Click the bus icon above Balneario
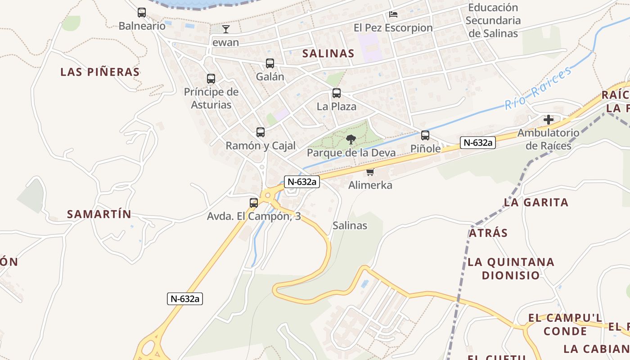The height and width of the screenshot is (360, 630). tap(142, 13)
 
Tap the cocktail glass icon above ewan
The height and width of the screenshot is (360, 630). tap(226, 29)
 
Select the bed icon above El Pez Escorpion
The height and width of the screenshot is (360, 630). tap(393, 14)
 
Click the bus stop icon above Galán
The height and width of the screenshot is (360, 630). tap(270, 63)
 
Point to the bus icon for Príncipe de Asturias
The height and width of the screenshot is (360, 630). tap(211, 79)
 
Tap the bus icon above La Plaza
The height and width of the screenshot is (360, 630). tap(336, 94)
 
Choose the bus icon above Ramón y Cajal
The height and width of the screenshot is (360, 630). tap(261, 132)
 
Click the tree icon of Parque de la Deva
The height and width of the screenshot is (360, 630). tap(351, 139)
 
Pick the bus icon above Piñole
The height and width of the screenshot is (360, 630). tap(425, 135)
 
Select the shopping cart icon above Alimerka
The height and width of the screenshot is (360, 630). tap(370, 172)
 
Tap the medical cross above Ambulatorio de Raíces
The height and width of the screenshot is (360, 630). tap(549, 120)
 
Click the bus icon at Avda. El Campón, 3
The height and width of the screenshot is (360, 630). tap(254, 203)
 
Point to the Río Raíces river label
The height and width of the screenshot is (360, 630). tap(538, 87)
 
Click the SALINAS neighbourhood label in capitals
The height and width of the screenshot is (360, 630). tap(328, 54)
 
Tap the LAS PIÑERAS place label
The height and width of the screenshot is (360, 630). tap(100, 72)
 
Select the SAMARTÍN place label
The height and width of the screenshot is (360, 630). tap(99, 214)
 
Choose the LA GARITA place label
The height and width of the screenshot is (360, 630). tap(536, 202)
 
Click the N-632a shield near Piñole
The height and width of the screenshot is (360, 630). tap(477, 143)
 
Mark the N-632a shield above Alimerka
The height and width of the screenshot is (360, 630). tap(302, 182)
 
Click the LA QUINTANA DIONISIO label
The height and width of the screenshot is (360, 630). tap(511, 269)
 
